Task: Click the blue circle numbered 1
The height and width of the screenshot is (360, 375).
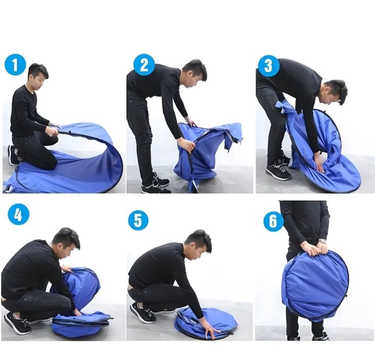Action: (15, 65)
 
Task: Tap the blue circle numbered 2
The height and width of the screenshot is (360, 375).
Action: (144, 65)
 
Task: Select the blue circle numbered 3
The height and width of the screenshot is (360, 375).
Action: (269, 65)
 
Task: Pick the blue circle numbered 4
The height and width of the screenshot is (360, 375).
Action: (19, 214)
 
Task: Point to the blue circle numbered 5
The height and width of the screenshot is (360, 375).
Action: (138, 220)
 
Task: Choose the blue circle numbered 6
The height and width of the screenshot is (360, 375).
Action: (273, 221)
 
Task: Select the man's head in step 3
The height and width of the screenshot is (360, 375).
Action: (334, 92)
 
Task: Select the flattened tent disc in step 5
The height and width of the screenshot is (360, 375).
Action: (206, 323)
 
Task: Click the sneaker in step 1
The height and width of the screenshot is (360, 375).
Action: (12, 155)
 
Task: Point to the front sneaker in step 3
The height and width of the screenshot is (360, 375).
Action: (278, 172)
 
